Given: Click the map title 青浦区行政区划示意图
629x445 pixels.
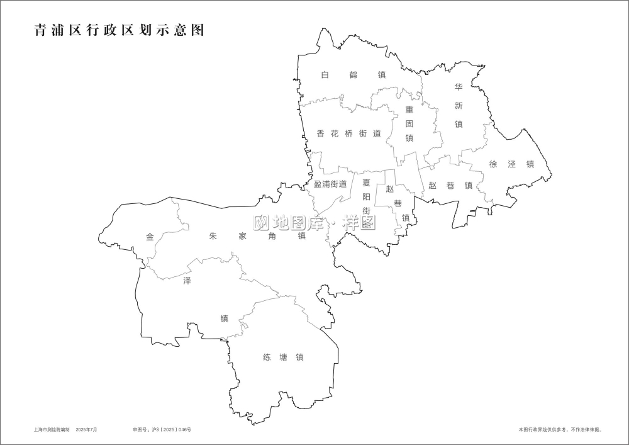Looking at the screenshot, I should point(120,31).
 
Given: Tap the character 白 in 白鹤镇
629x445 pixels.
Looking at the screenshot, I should point(325,74).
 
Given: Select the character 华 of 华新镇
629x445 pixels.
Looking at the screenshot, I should point(459,86).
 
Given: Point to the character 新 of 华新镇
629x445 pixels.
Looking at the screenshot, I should point(459,105).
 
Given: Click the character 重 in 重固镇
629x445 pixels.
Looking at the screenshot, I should point(409,109).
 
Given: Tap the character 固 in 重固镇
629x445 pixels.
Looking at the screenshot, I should point(409,123).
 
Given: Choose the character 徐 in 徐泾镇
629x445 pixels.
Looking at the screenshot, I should point(493,164).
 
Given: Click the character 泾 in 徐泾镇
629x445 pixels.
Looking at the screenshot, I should point(511,164).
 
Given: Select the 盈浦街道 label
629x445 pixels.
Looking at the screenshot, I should point(330,184).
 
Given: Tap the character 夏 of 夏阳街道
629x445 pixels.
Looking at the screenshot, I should point(366,183).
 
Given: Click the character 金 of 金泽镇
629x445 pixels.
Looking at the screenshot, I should point(150,237).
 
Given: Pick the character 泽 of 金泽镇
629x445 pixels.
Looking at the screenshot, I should point(187,280).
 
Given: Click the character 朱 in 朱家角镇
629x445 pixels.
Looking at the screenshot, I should point(213,236).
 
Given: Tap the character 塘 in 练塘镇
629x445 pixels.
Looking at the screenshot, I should point(283,358).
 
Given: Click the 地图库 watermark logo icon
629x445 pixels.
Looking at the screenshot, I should point(260,222).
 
